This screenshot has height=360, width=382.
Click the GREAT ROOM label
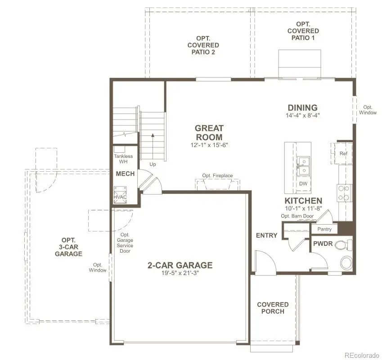(x=208, y=133)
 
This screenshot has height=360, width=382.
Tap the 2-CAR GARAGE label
(x=180, y=265)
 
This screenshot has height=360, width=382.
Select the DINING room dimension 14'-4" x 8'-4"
(x=302, y=116)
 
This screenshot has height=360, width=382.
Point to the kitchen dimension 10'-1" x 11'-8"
(x=303, y=209)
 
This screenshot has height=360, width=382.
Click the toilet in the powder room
(x=345, y=245)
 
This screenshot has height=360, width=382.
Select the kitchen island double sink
(x=303, y=165)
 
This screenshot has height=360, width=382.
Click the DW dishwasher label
(x=303, y=183)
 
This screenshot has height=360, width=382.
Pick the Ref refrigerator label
(x=344, y=154)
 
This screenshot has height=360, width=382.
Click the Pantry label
(x=324, y=229)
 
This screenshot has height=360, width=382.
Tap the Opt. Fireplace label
(x=218, y=175)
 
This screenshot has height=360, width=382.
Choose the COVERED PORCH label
(x=273, y=308)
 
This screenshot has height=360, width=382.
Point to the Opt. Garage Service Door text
(x=125, y=243)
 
